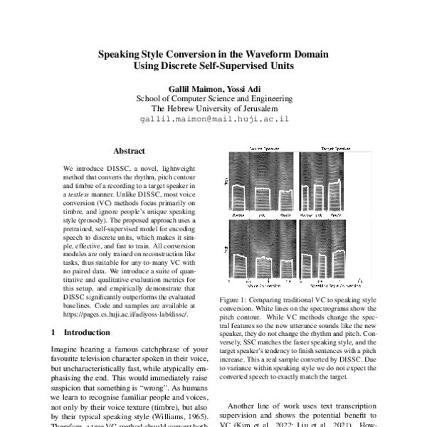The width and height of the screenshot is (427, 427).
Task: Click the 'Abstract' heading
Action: click(x=129, y=151)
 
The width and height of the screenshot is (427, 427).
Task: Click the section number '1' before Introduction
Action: click(x=54, y=332)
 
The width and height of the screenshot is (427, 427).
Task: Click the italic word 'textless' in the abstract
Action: click(x=77, y=193)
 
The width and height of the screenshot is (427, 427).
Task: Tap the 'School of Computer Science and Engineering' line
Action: click(x=213, y=99)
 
